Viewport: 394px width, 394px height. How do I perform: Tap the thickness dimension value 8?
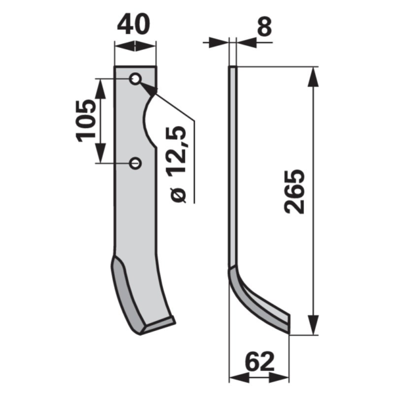[x=265, y=26]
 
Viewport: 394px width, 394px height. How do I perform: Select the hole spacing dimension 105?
[x=86, y=121]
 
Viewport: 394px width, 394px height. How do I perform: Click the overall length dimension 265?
[x=294, y=192]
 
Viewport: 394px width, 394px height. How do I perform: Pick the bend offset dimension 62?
[x=259, y=362]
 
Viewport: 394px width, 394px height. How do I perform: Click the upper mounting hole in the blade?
[x=135, y=79]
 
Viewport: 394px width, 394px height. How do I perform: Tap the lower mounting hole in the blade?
[x=135, y=164]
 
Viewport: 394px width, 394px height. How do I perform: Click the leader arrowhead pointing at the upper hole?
[x=148, y=89]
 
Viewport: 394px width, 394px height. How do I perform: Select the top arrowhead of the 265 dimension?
[x=313, y=77]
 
